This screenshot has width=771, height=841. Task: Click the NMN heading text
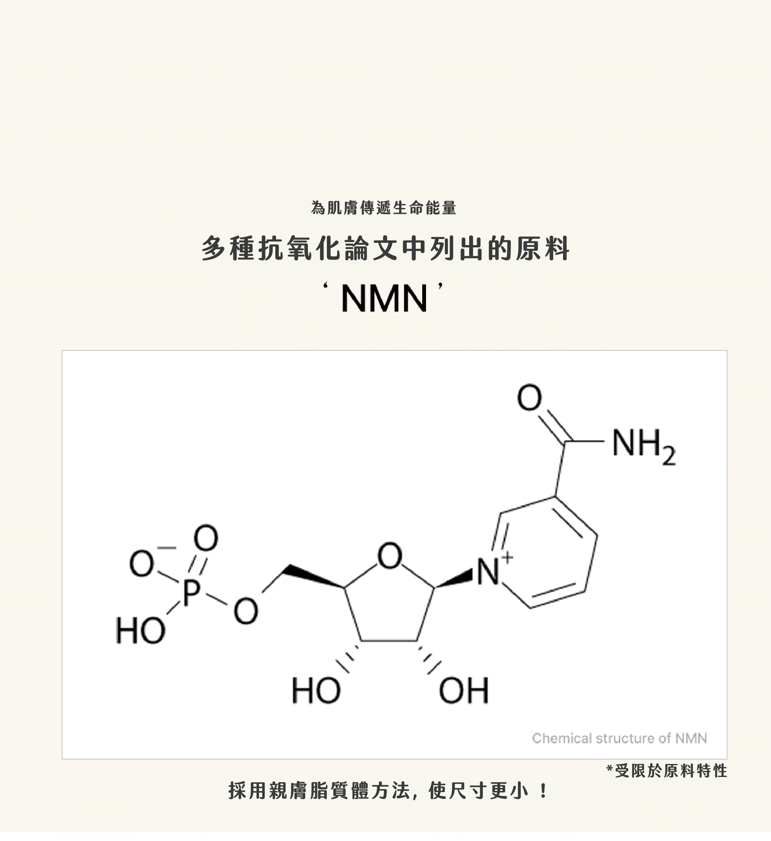click(384, 299)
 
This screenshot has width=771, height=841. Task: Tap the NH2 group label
click(643, 446)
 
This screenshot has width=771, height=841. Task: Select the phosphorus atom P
click(192, 592)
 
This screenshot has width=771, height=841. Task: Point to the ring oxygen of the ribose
click(389, 555)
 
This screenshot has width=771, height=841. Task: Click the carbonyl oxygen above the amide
click(529, 397)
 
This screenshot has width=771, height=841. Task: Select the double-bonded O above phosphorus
click(206, 538)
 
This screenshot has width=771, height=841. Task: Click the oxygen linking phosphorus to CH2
click(245, 611)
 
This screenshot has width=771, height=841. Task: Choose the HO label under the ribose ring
click(316, 690)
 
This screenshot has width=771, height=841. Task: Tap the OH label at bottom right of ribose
click(464, 690)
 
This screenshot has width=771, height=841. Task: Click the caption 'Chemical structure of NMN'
click(619, 738)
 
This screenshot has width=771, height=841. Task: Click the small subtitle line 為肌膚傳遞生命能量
click(384, 208)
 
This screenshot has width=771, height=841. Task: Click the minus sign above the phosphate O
click(167, 547)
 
